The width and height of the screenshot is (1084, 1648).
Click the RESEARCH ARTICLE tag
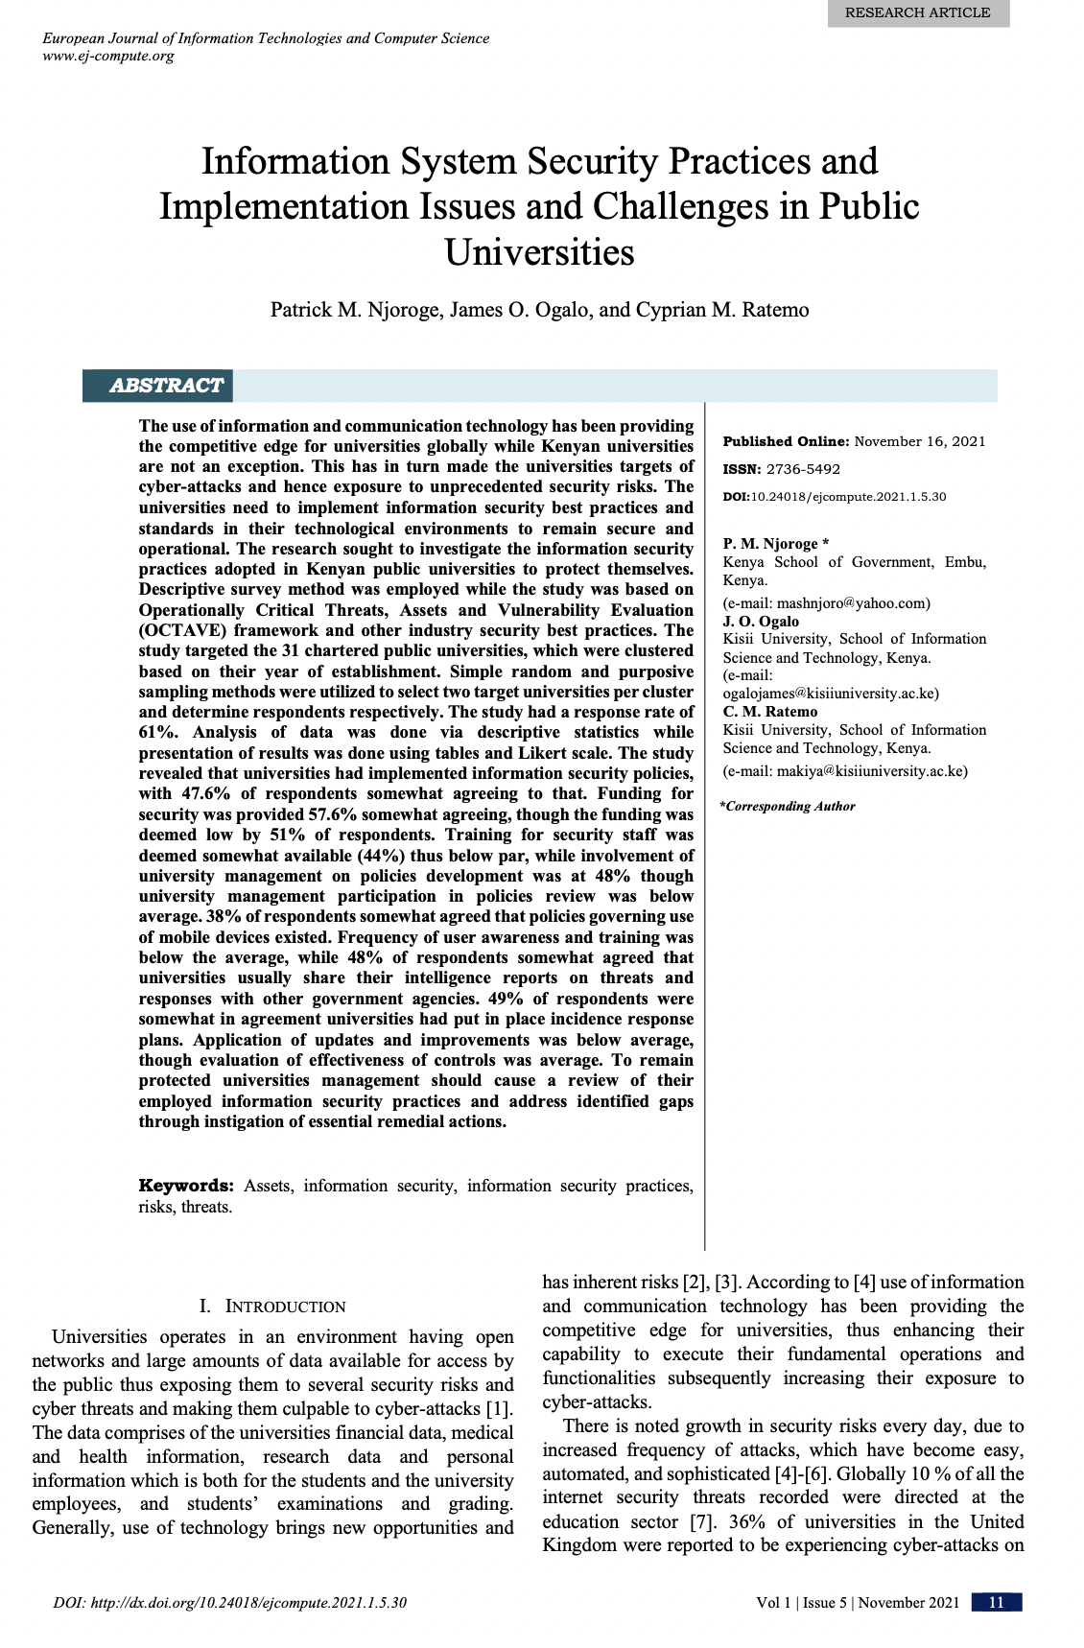(917, 12)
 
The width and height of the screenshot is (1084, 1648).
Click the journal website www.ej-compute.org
(108, 56)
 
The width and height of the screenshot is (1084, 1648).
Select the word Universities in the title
(539, 252)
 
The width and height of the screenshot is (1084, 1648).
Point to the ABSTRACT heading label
(166, 386)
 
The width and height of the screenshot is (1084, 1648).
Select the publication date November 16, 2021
(919, 441)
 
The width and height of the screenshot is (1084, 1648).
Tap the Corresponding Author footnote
(788, 807)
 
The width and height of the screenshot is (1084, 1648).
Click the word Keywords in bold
(186, 1186)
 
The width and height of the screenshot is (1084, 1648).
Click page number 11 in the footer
(996, 1602)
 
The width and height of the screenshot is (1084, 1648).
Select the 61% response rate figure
(159, 733)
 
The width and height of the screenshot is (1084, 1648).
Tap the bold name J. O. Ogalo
(761, 621)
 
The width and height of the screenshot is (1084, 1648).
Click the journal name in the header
(266, 38)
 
